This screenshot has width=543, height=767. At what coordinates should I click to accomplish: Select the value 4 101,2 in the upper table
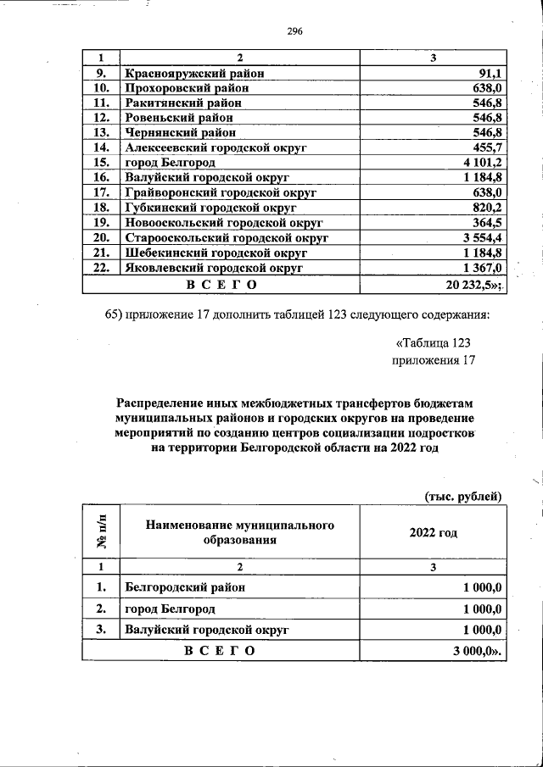tap(484, 162)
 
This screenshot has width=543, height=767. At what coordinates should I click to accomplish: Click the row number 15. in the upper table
tap(101, 162)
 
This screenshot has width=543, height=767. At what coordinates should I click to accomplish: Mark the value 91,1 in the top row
tap(492, 74)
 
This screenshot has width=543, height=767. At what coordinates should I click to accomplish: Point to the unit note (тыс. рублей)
tap(463, 496)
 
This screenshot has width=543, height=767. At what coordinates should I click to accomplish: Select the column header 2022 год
tap(434, 532)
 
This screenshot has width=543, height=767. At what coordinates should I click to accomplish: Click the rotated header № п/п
tap(101, 532)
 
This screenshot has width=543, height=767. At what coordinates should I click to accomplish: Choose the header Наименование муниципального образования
tap(240, 532)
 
